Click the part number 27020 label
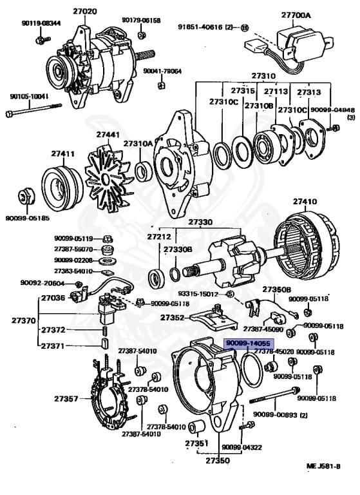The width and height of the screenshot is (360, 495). coord(85,11)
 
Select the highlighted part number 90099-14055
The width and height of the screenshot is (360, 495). coord(249,344)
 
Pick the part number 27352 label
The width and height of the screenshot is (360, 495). coord(173,317)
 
